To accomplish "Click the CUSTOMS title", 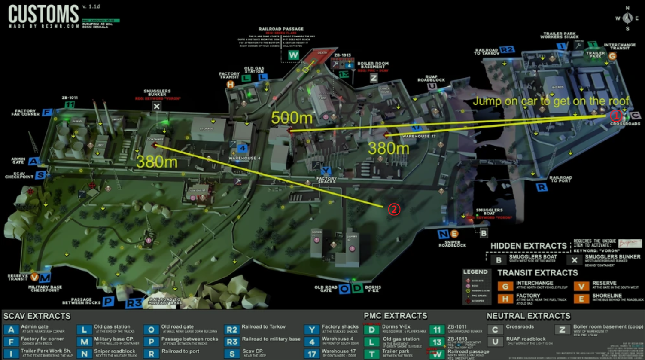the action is (x=43, y=14).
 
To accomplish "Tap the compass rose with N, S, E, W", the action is (x=627, y=18).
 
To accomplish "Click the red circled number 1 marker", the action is (x=616, y=115).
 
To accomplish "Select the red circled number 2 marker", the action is (x=394, y=209).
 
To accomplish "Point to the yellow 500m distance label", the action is (x=292, y=118).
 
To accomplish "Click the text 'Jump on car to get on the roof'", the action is (x=551, y=101).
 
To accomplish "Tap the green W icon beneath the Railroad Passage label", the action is (x=293, y=55).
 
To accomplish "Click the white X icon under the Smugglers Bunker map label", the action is (x=157, y=106).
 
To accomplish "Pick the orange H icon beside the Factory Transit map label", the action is (x=231, y=85).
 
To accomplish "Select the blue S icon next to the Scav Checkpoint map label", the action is (x=41, y=175).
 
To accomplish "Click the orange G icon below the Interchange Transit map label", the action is (x=612, y=56).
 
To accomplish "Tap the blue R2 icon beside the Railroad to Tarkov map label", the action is (x=507, y=50).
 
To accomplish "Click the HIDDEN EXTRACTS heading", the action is (x=528, y=246).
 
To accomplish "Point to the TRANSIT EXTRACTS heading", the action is (x=538, y=273).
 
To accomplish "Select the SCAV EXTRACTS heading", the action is (x=37, y=316).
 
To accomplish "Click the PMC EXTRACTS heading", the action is (x=395, y=316).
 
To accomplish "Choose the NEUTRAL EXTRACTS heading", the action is (x=528, y=316).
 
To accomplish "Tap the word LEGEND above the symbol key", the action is (x=475, y=272).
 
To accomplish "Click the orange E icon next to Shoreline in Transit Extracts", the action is (x=581, y=298).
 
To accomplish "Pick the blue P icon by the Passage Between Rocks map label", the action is (x=108, y=301).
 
